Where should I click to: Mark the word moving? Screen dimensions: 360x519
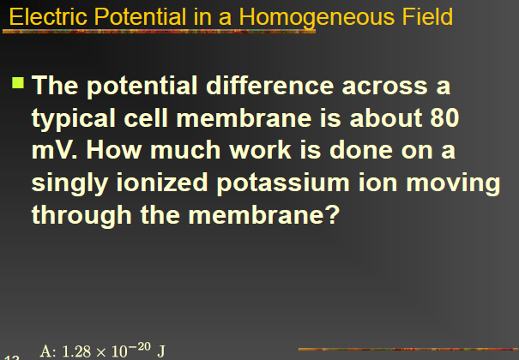(x=457, y=182)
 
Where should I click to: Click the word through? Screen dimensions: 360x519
(x=81, y=213)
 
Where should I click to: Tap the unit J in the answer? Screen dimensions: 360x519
(x=160, y=349)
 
